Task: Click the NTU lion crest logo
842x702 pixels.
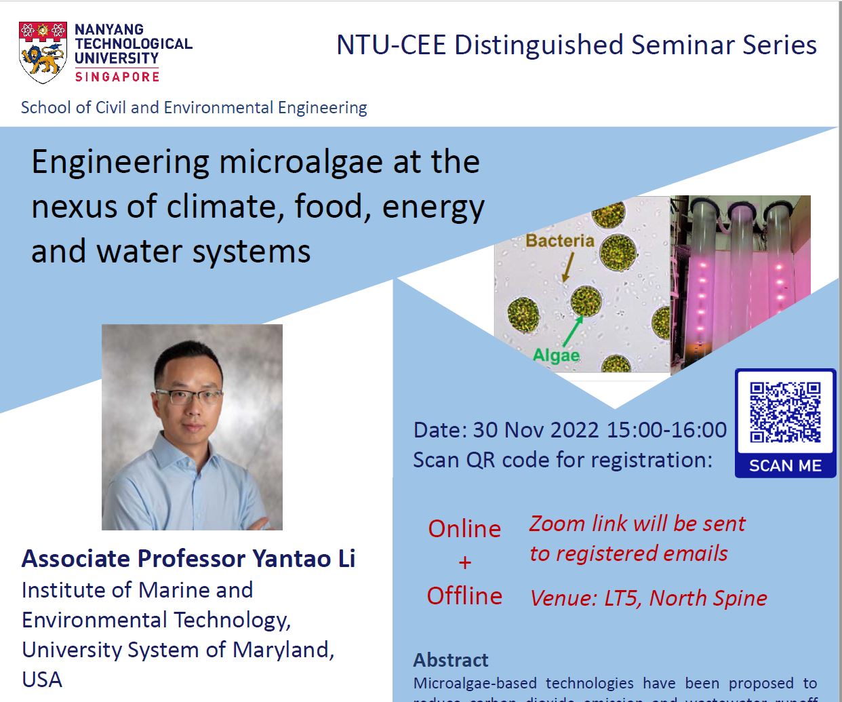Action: click(43, 52)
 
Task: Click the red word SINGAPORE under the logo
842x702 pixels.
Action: click(117, 77)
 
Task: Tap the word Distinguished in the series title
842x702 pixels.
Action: click(539, 45)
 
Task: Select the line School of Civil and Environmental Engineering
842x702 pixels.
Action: click(194, 108)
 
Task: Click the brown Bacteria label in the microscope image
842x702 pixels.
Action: click(559, 241)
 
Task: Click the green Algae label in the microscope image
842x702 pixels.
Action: click(556, 355)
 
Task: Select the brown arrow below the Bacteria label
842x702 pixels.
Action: click(567, 266)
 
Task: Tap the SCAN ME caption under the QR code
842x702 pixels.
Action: click(785, 466)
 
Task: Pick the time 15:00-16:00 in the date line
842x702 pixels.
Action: click(666, 430)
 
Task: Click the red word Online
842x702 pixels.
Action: click(464, 529)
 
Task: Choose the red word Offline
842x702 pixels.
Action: click(464, 596)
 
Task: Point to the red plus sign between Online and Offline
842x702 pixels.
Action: click(464, 562)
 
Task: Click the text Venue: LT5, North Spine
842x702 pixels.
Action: click(648, 598)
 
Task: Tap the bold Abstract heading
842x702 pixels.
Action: click(451, 660)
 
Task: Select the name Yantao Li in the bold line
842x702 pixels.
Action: click(304, 559)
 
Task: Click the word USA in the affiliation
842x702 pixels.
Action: click(42, 680)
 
